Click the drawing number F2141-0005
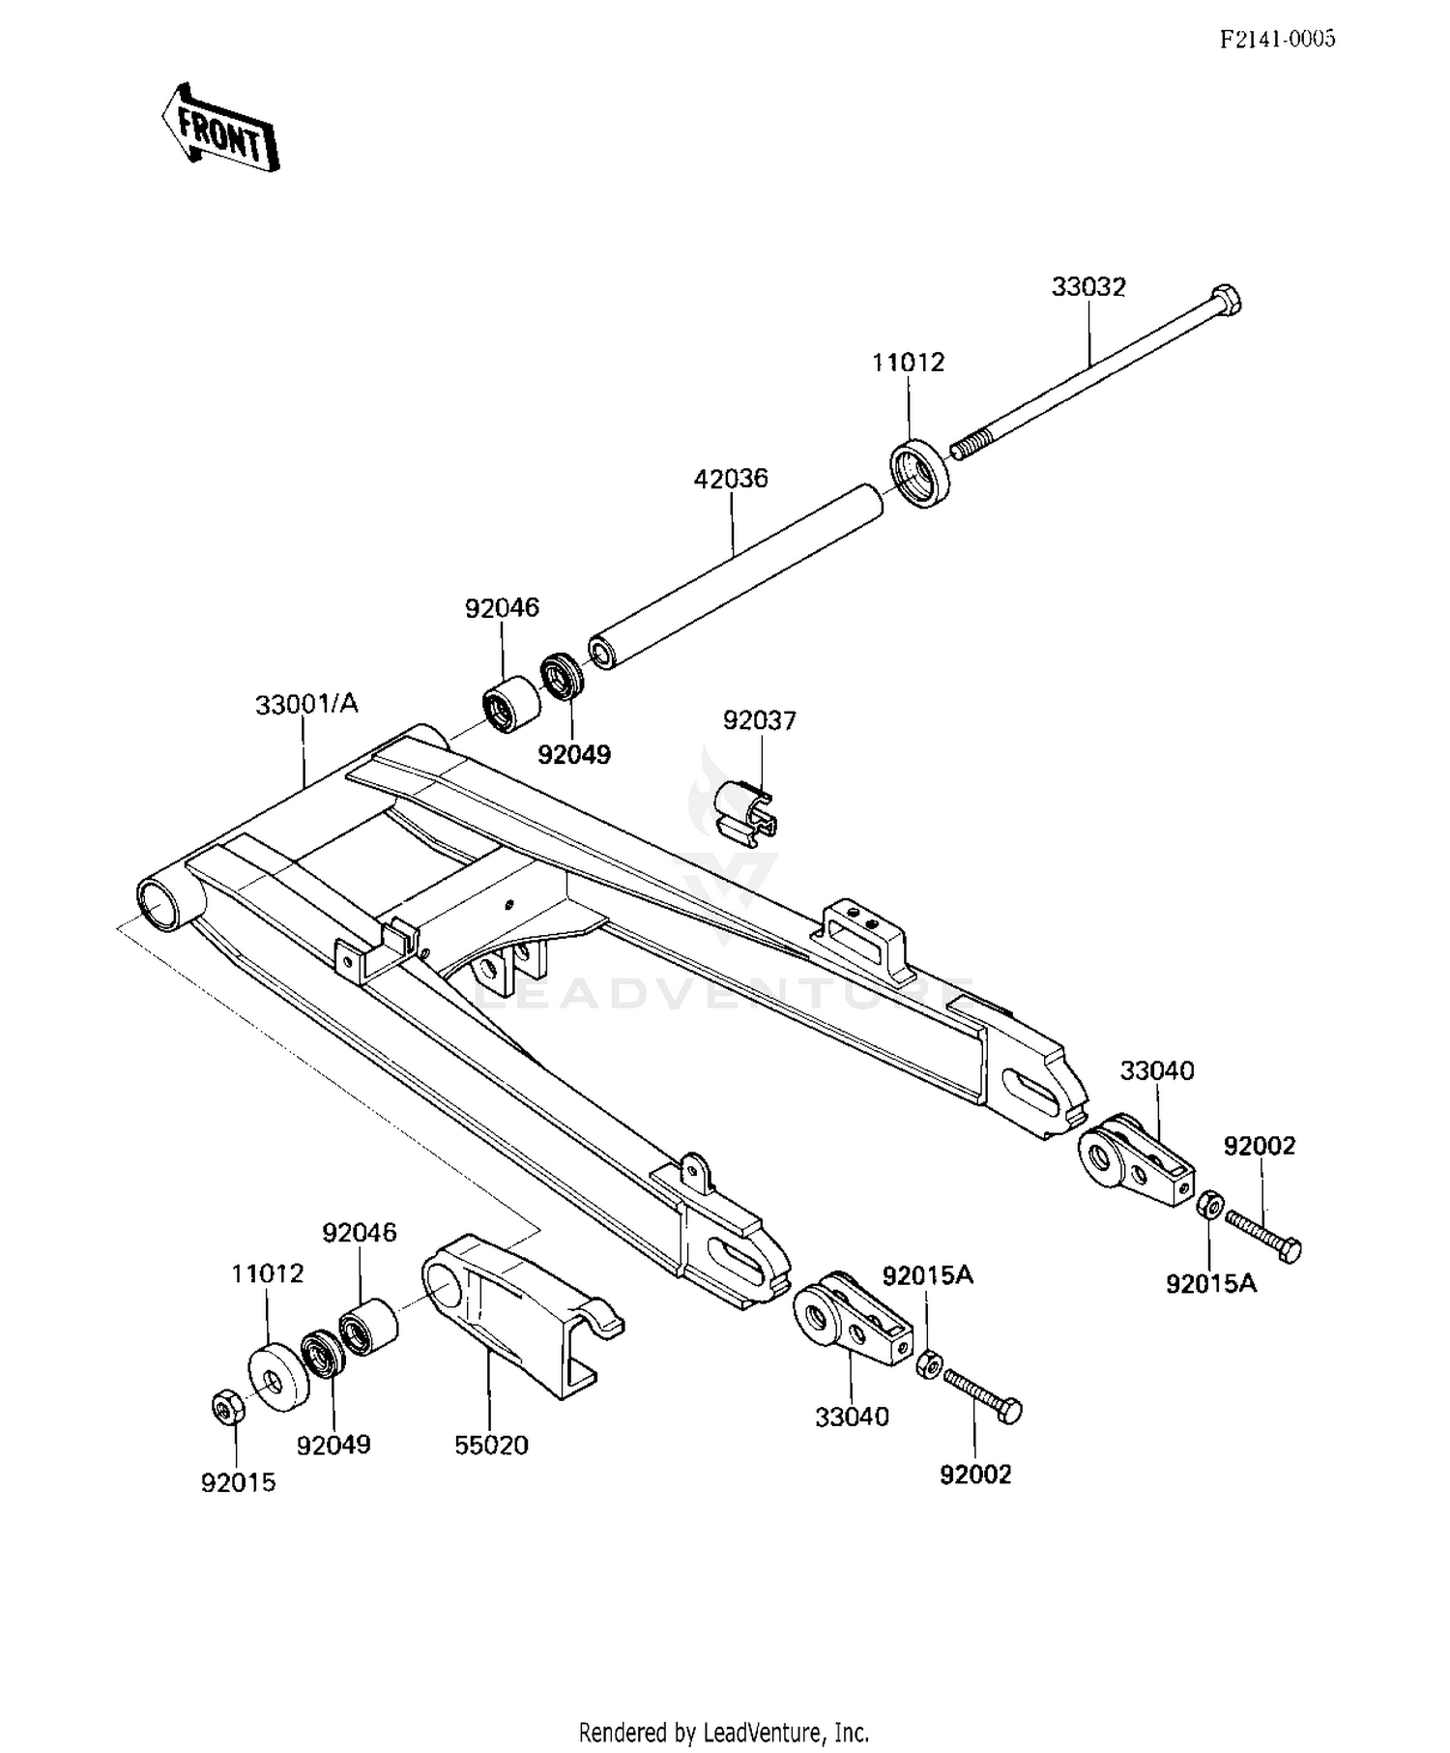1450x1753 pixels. point(1276,39)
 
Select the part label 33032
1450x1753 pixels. point(1088,287)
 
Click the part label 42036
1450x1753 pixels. point(731,479)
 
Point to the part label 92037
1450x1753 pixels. point(760,720)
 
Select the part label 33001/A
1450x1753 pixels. point(306,705)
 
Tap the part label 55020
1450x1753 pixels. point(491,1446)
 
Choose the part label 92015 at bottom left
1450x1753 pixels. point(238,1482)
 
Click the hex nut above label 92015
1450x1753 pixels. point(227,1406)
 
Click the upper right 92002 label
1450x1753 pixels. point(1259,1146)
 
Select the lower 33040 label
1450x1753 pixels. point(852,1417)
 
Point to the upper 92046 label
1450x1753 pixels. point(502,608)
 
